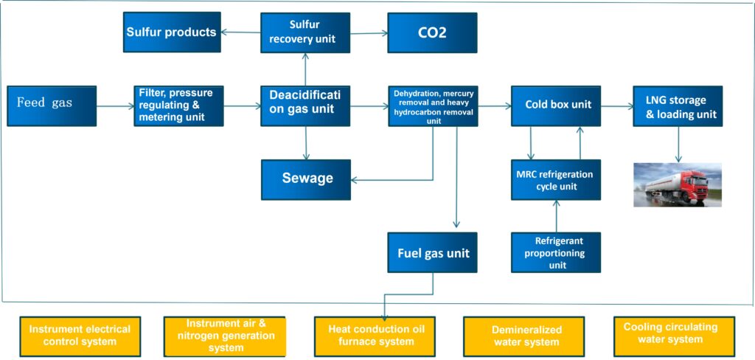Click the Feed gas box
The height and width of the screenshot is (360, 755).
click(52, 105)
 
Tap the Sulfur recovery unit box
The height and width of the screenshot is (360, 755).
click(305, 32)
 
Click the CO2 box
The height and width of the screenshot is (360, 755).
click(432, 32)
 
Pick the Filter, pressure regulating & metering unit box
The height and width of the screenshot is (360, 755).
click(178, 105)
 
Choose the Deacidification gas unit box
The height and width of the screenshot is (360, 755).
click(305, 105)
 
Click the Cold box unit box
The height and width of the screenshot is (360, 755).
click(556, 105)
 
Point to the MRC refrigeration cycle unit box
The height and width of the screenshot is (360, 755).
click(556, 180)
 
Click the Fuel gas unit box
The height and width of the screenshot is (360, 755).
click(433, 253)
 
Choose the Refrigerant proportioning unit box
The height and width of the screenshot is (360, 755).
click(556, 252)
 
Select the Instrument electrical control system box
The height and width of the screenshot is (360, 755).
click(80, 336)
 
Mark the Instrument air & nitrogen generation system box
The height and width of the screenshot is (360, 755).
click(224, 336)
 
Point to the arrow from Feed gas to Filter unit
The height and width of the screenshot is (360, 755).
click(115, 106)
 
